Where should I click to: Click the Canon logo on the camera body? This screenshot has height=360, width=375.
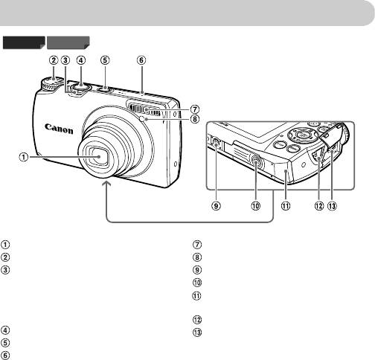[59, 129]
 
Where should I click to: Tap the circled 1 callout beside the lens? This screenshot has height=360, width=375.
[24, 157]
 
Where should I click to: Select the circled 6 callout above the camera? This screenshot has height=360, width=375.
[141, 60]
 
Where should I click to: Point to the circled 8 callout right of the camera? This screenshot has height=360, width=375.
[195, 119]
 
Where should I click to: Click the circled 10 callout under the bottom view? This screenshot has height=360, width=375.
[256, 206]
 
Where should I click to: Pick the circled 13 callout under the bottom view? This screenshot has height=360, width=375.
[332, 206]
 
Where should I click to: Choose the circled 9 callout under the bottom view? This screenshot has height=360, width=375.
[216, 206]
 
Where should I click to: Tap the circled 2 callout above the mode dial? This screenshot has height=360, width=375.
[54, 60]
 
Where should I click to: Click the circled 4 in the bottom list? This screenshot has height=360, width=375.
[5, 330]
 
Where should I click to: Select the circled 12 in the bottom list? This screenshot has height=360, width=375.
[197, 320]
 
